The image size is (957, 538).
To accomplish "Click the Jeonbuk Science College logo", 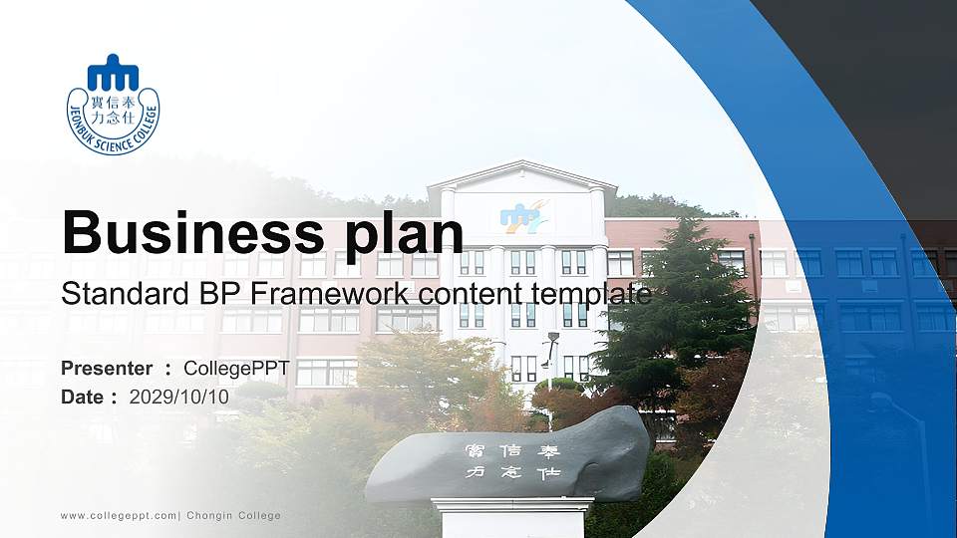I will pyautogui.click(x=113, y=105).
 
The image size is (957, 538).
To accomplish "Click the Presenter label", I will pyautogui.click(x=107, y=369).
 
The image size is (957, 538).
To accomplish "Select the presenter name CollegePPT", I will pyautogui.click(x=236, y=369).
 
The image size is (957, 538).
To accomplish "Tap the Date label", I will pyautogui.click(x=83, y=397).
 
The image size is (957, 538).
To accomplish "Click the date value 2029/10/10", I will pyautogui.click(x=179, y=397).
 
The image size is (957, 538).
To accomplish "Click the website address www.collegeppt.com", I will pyautogui.click(x=119, y=516).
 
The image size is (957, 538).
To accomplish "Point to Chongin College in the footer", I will pyautogui.click(x=234, y=516).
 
